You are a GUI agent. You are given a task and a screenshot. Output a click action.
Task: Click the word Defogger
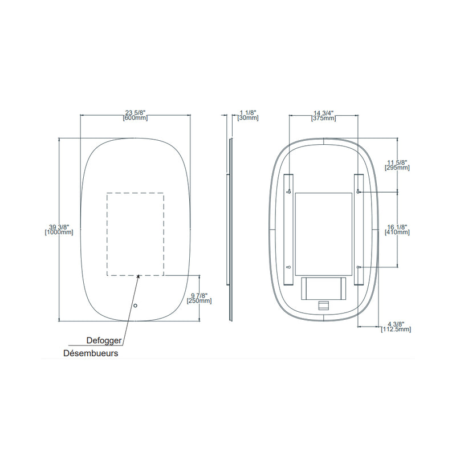(103, 341)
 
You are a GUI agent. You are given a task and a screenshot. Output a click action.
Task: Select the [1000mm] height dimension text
(59, 232)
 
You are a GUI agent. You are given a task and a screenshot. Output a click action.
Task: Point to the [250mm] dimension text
(199, 300)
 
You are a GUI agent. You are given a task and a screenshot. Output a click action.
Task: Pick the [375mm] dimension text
(323, 119)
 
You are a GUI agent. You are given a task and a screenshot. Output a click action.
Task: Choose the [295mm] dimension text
(397, 168)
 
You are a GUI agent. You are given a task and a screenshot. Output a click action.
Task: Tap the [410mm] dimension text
(397, 232)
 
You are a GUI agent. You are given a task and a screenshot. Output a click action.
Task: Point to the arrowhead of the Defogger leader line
(139, 276)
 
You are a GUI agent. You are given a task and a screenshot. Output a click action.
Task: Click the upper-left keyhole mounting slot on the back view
(289, 191)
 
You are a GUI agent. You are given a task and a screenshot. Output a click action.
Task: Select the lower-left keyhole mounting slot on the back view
(289, 267)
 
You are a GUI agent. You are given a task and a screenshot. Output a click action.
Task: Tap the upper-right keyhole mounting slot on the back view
(358, 191)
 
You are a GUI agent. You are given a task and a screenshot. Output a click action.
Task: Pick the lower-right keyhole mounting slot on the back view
(358, 267)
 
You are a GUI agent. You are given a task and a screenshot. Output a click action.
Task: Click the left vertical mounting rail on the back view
(289, 228)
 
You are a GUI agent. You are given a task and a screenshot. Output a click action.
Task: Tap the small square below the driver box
(323, 304)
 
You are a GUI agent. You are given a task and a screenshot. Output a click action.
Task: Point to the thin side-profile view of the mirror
(230, 228)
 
